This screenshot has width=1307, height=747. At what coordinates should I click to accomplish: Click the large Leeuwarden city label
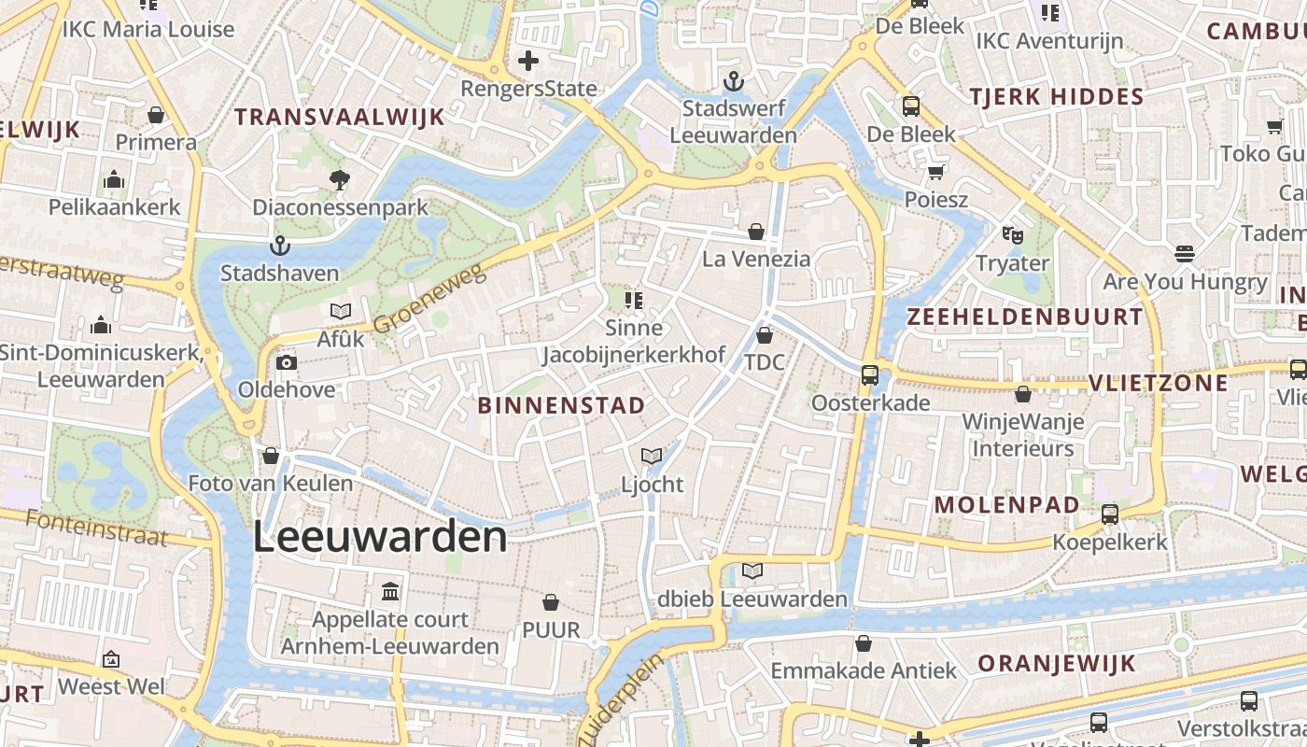[x=381, y=538]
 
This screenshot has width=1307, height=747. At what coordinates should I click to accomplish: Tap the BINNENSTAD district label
[x=561, y=405]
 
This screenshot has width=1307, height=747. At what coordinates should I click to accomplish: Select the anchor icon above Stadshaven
[x=279, y=247]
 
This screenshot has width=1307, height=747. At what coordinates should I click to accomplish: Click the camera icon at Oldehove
[x=286, y=362]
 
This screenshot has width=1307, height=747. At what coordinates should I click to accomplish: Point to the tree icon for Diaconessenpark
[x=340, y=179]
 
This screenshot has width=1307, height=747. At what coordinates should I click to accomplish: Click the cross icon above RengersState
[x=528, y=62]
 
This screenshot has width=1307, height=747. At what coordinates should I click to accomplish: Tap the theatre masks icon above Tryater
[x=1012, y=235]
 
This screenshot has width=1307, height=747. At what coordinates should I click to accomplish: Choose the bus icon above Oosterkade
[x=870, y=375]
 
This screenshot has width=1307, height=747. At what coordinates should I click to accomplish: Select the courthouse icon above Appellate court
[x=390, y=592]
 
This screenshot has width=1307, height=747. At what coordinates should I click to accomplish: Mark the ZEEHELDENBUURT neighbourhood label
[x=1025, y=317]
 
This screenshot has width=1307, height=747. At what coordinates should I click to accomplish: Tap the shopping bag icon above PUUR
[x=551, y=602]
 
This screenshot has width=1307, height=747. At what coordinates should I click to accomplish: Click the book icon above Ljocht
[x=652, y=457]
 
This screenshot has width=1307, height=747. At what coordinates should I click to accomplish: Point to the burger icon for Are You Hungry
[x=1185, y=254]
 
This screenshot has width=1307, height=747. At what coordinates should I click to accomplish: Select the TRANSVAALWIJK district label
[x=339, y=117]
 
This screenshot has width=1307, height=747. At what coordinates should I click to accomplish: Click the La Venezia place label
[x=756, y=259]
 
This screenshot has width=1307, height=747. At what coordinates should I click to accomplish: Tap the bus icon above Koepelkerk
[x=1110, y=514]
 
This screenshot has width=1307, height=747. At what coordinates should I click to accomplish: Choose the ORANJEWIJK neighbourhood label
[x=1056, y=664]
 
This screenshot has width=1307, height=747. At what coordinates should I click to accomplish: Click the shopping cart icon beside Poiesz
[x=936, y=172]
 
